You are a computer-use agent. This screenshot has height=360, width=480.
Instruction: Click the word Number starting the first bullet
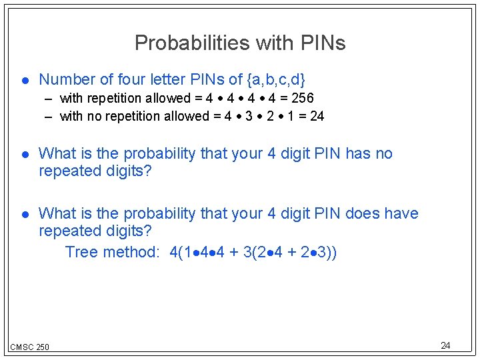pos(67,79)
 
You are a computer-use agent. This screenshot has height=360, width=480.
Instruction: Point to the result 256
pos(301,98)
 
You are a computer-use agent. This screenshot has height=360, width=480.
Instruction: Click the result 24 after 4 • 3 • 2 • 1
pos(317,116)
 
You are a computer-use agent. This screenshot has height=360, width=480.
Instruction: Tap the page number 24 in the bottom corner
pos(445,345)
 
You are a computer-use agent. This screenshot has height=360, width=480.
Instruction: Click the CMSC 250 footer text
pos(30,347)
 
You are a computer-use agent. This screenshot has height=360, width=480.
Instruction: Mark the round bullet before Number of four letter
pos(23,80)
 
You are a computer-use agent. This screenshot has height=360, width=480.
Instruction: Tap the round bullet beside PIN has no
pos(23,154)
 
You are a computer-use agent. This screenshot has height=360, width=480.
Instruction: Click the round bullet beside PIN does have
pos(23,214)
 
